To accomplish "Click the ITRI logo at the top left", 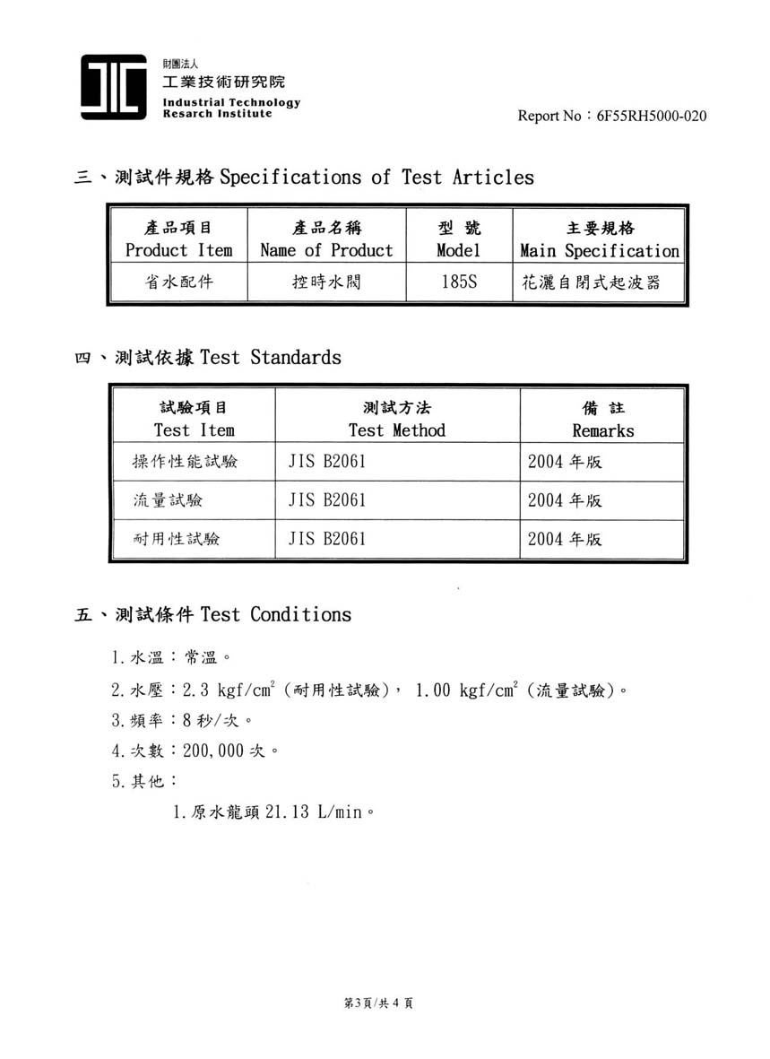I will pyautogui.click(x=113, y=87).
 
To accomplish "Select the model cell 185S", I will pyautogui.click(x=459, y=283).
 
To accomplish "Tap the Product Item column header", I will pyautogui.click(x=178, y=239).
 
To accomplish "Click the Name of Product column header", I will pyautogui.click(x=326, y=239).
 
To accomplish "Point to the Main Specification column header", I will pyautogui.click(x=600, y=239).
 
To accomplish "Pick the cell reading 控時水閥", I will pyautogui.click(x=326, y=283).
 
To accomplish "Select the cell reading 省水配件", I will pyautogui.click(x=178, y=283).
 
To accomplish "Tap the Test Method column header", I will pyautogui.click(x=396, y=419).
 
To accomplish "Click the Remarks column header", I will pyautogui.click(x=602, y=419).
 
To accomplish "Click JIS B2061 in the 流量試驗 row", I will pyautogui.click(x=327, y=500).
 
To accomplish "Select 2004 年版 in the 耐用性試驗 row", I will pyautogui.click(x=565, y=539).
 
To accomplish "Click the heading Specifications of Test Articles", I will pyautogui.click(x=376, y=177).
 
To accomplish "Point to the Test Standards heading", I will pyautogui.click(x=270, y=357).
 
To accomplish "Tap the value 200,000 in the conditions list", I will pyautogui.click(x=213, y=751).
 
